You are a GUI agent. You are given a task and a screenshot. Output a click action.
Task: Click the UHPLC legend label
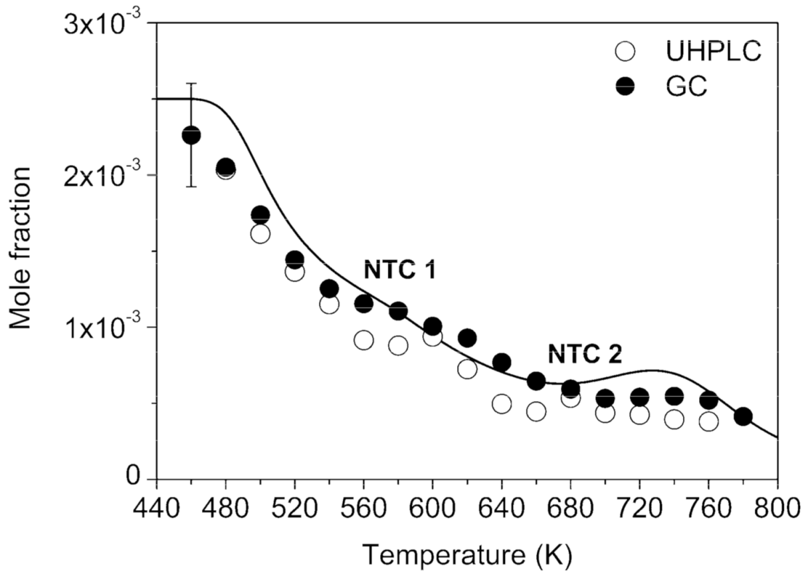click(x=713, y=51)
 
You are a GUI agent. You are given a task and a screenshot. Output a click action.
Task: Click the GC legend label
click(x=684, y=86)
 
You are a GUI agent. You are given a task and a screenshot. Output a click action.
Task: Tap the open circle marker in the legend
click(x=626, y=51)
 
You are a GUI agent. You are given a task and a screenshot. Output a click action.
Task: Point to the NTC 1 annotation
click(x=399, y=271)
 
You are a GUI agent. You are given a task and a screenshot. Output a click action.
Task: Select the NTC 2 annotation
click(x=584, y=355)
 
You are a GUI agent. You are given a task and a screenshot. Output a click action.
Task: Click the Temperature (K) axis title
click(x=466, y=554)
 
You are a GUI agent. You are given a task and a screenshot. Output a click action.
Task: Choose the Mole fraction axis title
click(x=23, y=248)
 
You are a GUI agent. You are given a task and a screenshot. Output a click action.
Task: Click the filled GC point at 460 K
click(x=191, y=136)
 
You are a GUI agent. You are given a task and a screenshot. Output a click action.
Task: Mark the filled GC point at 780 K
click(x=743, y=417)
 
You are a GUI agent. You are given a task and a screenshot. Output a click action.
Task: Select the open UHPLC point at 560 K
click(x=363, y=340)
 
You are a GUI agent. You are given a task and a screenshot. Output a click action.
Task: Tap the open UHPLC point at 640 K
click(x=502, y=404)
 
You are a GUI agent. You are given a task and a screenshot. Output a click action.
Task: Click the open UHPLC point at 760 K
click(x=708, y=421)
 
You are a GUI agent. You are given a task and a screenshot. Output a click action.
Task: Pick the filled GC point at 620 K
click(x=467, y=338)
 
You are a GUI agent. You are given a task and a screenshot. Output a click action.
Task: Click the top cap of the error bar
click(x=191, y=83)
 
